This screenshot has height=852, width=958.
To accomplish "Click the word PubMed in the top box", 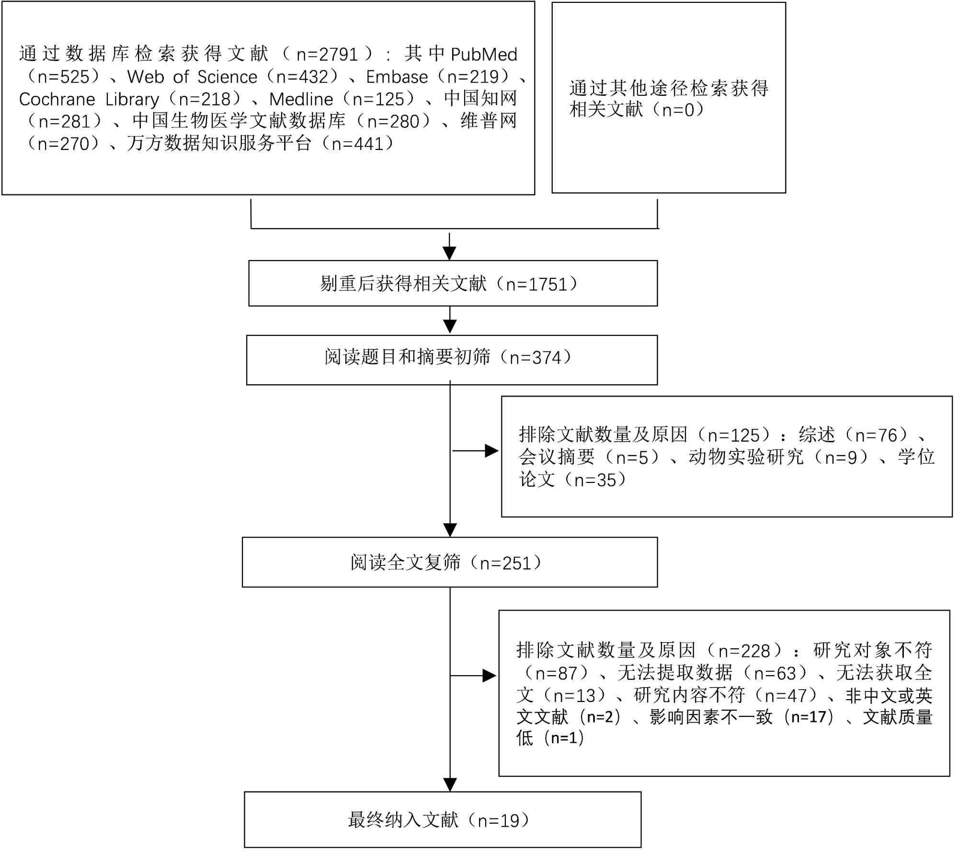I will pos(484,55).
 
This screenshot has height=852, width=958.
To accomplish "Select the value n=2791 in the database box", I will pos(327,55).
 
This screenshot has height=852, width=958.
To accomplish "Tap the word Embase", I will pos(397,77).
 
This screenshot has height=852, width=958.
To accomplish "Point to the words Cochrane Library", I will pos(89,99).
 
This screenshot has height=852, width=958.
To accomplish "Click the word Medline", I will pos(301,99).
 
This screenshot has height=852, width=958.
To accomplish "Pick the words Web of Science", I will pos(192,77).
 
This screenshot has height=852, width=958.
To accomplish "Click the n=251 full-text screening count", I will pos(506,563).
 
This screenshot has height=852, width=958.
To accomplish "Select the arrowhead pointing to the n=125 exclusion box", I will pos(492,451).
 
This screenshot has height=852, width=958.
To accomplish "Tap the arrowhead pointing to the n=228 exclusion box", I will pos(490,676).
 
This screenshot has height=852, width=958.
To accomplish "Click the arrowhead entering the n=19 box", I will pos(450,784).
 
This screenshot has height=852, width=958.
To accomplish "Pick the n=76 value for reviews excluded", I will pos(876,435).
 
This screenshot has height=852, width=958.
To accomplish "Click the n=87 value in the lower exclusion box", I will pos(556,673).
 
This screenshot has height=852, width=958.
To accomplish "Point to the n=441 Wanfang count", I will pos(357,144).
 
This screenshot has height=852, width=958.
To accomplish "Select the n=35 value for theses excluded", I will pos(595,480).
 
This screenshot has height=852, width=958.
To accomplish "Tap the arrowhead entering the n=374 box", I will pos(450,327).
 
